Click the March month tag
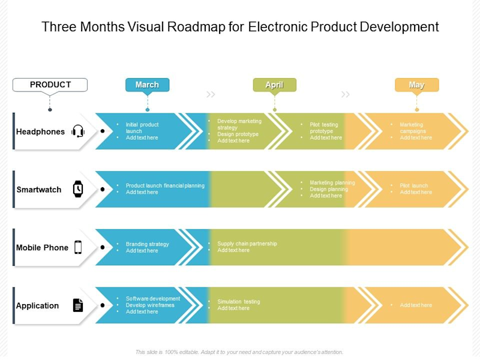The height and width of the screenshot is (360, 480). click(x=147, y=85)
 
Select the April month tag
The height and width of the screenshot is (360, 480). click(x=274, y=85)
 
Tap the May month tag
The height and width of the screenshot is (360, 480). click(x=416, y=85)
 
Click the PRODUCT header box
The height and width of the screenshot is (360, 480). click(x=50, y=85)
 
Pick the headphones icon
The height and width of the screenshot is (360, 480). click(x=78, y=131)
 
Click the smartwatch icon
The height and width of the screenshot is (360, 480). click(x=78, y=189)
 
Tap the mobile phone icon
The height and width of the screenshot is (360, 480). click(x=78, y=247)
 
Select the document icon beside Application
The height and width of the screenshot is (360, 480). click(x=78, y=305)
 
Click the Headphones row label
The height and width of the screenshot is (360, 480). click(x=40, y=131)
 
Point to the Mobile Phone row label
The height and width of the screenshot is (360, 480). click(x=42, y=247)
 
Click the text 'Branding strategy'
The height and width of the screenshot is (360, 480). click(x=147, y=244)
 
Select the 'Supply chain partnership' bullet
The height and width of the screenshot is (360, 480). click(x=247, y=244)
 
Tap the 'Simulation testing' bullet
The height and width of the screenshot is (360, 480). click(x=239, y=302)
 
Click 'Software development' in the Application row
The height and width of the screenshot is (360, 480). click(x=152, y=298)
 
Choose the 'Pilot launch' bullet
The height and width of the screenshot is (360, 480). click(x=414, y=186)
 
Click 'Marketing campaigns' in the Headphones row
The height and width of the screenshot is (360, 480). click(x=412, y=128)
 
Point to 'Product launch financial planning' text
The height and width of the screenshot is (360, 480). click(x=165, y=186)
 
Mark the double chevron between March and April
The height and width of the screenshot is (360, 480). click(x=211, y=94)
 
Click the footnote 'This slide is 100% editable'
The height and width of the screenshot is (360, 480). click(x=174, y=352)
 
